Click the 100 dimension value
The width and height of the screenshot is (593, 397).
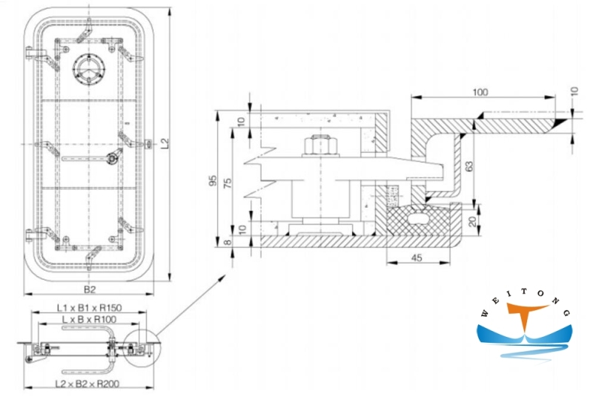[x=480, y=92]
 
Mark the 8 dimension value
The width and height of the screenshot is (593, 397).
[x=229, y=240]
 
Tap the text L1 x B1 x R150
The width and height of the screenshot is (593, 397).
[x=90, y=306]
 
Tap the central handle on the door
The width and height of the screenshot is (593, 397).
[x=112, y=157]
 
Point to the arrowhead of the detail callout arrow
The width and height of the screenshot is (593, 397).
[x=225, y=277]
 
